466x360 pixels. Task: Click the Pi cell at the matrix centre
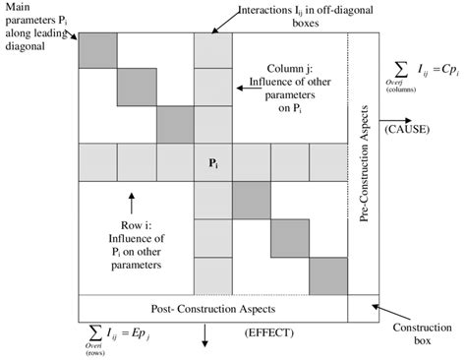coord(212,162)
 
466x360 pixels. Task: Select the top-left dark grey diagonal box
coord(97,50)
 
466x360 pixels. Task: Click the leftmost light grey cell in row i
coord(97,162)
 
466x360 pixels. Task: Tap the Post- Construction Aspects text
coord(212,308)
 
